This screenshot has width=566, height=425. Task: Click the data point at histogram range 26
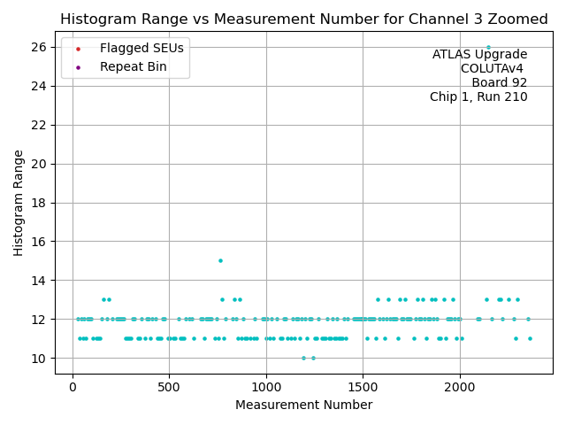[488, 47]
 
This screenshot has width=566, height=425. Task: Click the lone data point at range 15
[220, 260]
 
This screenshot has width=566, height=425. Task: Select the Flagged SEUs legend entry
[141, 48]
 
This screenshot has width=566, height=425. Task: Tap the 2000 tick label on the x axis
[459, 387]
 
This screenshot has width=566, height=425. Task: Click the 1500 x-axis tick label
[363, 387]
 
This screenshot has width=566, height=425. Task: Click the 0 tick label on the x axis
[73, 387]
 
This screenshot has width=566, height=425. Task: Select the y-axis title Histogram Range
[18, 203]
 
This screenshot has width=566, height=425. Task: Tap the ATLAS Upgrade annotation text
[479, 55]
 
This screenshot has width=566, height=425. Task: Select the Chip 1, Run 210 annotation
[478, 97]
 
